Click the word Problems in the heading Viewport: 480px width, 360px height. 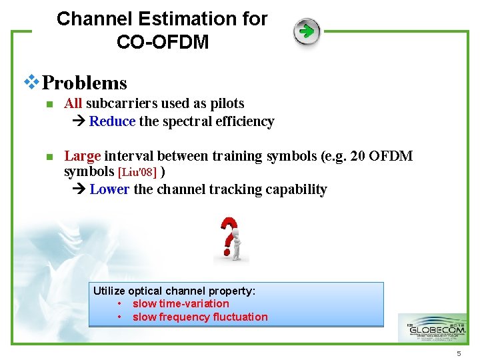pyautogui.click(x=84, y=83)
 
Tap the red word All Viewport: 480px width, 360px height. pyautogui.click(x=73, y=103)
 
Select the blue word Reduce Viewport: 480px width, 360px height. pyautogui.click(x=112, y=121)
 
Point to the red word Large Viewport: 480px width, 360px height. pyautogui.click(x=82, y=156)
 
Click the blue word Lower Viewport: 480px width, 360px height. pyautogui.click(x=109, y=189)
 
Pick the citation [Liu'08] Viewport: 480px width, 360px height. pyautogui.click(x=137, y=173)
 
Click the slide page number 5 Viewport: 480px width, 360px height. pyautogui.click(x=459, y=353)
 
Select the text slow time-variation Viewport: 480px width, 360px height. pyautogui.click(x=181, y=304)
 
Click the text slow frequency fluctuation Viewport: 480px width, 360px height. pyautogui.click(x=200, y=317)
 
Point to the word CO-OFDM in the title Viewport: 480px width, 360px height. pyautogui.click(x=163, y=43)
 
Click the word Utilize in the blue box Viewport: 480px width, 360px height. pyautogui.click(x=109, y=291)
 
